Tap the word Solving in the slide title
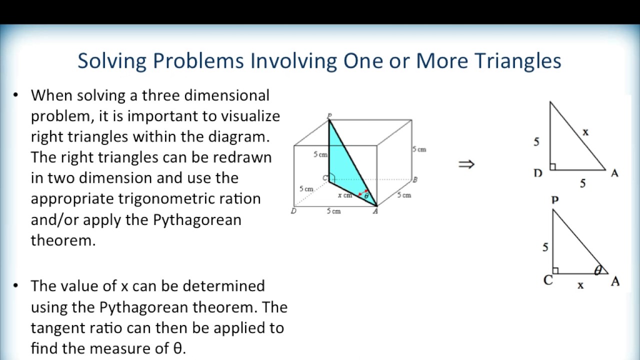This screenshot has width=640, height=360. tap(111, 61)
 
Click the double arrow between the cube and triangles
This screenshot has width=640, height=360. tap(466, 164)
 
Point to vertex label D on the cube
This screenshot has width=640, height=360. tap(293, 211)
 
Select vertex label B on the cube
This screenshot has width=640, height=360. tap(415, 179)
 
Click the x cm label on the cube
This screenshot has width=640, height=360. tap(344, 195)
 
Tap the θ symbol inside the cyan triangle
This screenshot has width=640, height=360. tap(366, 196)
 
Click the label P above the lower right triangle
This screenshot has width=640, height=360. tap(554, 200)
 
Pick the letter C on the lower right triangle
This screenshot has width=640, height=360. tap(548, 280)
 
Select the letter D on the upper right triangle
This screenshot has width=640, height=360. tap(538, 173)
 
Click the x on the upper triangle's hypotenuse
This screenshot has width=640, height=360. tap(585, 132)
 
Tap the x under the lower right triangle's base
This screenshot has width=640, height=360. tap(580, 285)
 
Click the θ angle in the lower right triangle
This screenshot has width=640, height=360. tap(597, 270)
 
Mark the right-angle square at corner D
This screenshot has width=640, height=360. tap(553, 167)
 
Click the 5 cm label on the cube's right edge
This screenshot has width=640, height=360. tap(419, 149)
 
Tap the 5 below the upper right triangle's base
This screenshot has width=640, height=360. tap(582, 183)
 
